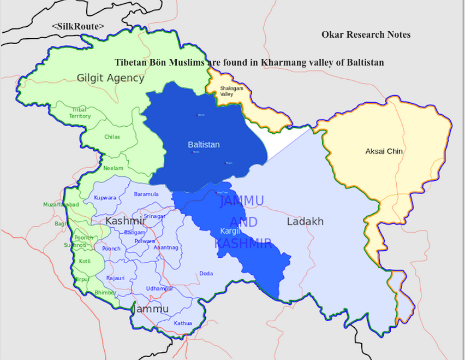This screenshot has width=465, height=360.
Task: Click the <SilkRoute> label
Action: click(77, 26)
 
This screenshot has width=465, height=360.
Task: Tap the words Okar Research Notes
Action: click(366, 34)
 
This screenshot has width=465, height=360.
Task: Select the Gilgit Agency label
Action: click(110, 78)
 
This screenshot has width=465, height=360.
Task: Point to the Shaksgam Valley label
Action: click(227, 91)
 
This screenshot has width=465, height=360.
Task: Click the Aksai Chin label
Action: click(384, 151)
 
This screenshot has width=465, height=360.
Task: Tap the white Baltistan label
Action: click(204, 145)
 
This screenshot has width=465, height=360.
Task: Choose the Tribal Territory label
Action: click(80, 113)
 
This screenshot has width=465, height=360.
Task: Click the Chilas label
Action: click(112, 137)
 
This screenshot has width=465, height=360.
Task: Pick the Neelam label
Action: click(114, 168)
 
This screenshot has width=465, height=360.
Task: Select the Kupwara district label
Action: click(105, 197)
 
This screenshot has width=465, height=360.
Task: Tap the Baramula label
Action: click(146, 194)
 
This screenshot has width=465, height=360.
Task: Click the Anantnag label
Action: click(166, 247)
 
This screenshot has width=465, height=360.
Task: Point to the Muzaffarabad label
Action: click(61, 204)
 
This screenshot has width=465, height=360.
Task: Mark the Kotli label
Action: click(85, 261)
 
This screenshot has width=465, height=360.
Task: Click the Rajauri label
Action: click(116, 278)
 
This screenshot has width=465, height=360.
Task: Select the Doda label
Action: click(206, 273)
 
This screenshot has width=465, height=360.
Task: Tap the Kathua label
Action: click(183, 323)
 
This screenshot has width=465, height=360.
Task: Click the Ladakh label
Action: click(305, 221)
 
